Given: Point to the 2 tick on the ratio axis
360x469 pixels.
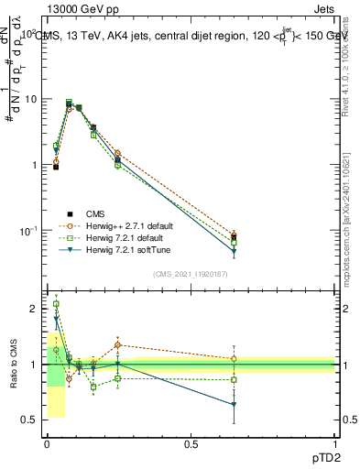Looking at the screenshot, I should [x=34, y=309].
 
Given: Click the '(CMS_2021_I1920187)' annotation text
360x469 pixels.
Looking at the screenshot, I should [x=191, y=273].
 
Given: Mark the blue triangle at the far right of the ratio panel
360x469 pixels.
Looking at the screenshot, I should [x=234, y=404].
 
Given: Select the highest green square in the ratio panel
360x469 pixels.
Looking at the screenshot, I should [x=56, y=304].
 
